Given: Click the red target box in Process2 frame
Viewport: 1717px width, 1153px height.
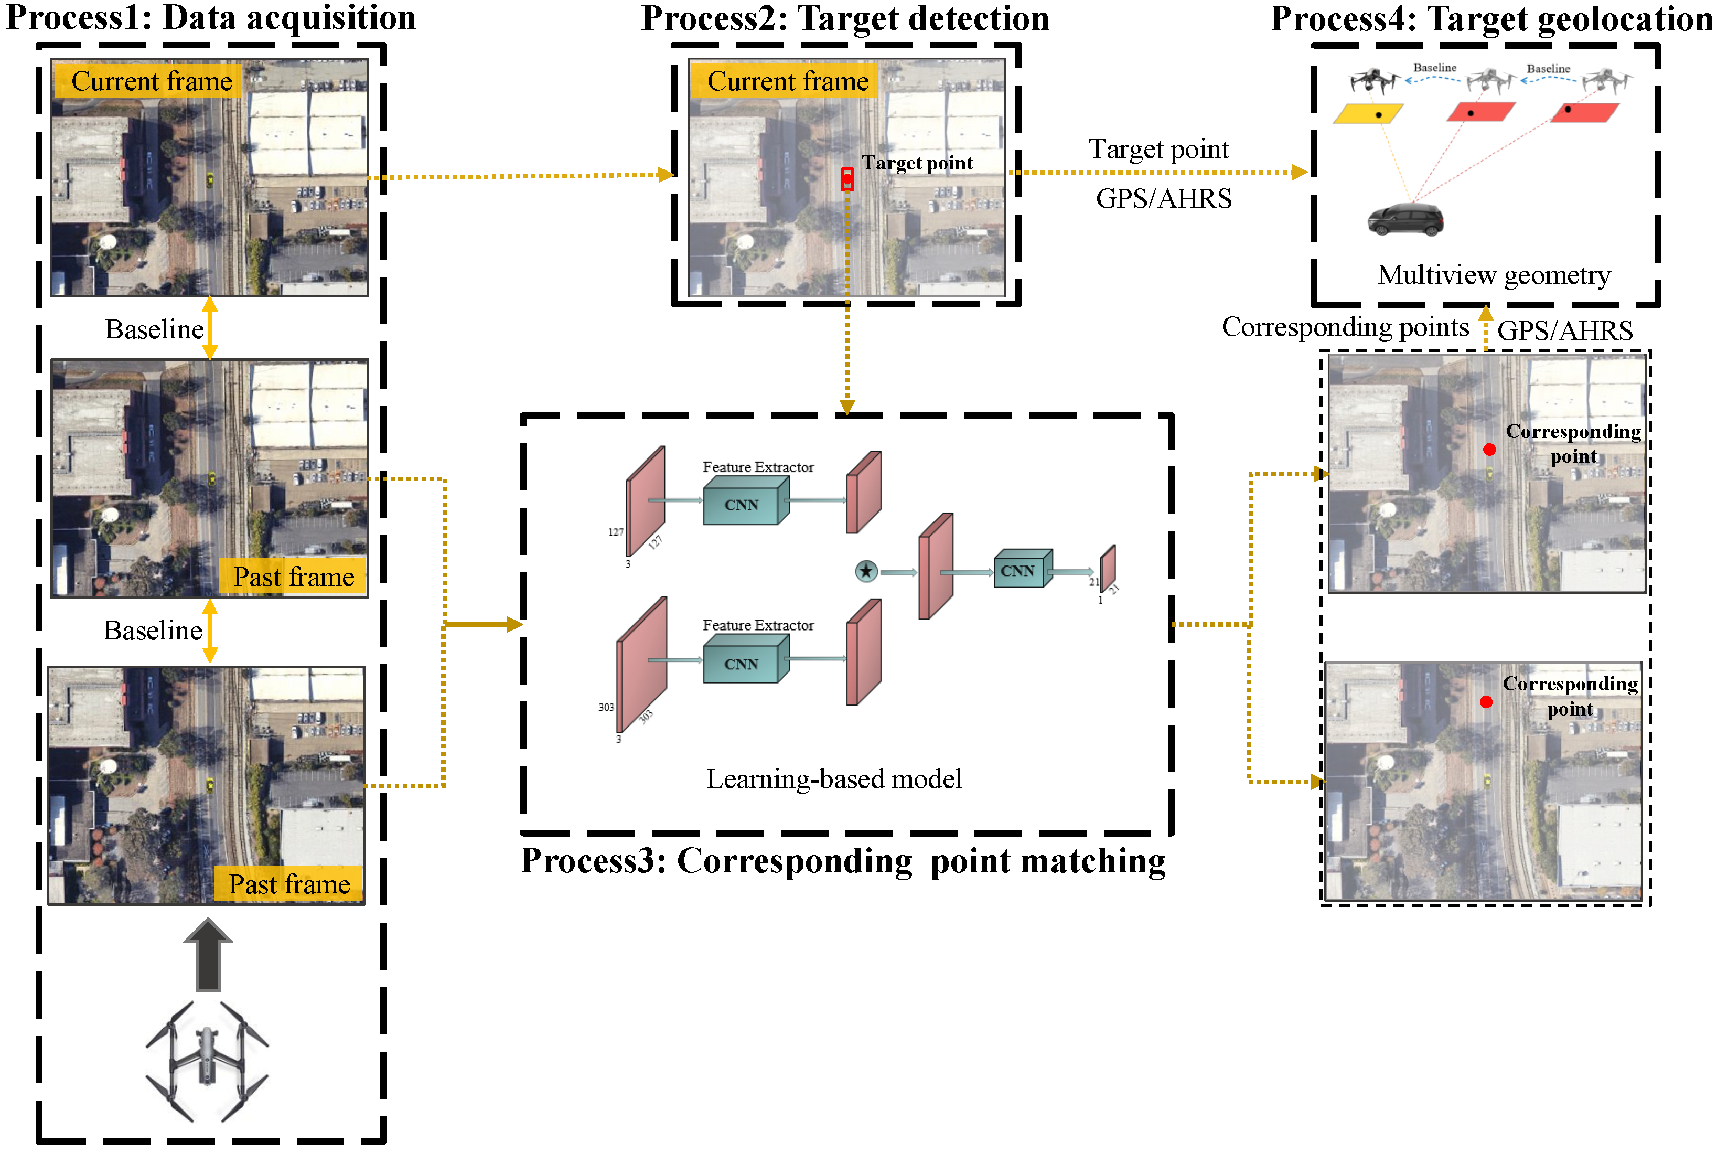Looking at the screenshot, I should click(x=847, y=179).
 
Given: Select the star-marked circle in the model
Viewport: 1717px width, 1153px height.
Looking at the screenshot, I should click(x=866, y=571).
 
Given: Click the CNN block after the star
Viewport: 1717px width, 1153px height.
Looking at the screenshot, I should click(x=1022, y=569).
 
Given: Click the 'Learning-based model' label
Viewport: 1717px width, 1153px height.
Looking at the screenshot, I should click(x=833, y=778).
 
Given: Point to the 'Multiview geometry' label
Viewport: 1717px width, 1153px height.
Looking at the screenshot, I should click(x=1494, y=275).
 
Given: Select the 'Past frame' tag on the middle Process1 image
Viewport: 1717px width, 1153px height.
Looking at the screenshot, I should click(x=293, y=576).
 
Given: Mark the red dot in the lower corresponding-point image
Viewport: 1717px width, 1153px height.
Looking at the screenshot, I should click(x=1486, y=702).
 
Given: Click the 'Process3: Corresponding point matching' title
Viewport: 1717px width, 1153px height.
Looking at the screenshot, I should click(x=842, y=861).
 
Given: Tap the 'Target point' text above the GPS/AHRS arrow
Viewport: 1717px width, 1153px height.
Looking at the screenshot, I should click(x=1158, y=150).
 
